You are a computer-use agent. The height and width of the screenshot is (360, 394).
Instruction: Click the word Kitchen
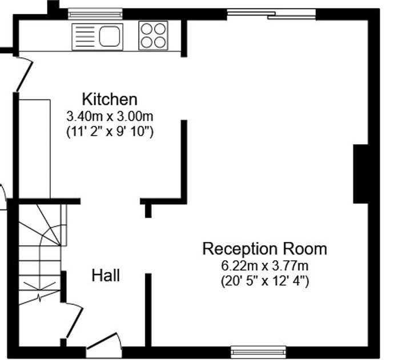110,99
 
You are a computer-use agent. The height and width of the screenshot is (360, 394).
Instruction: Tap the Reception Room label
265,249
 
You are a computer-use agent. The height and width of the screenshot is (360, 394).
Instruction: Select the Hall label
106,276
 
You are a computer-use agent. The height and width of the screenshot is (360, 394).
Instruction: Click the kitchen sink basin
110,37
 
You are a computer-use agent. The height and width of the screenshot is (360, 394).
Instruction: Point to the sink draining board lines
85,37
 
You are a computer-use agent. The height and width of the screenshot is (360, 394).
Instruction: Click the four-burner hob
153,35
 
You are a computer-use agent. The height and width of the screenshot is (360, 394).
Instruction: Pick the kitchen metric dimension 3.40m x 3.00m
110,116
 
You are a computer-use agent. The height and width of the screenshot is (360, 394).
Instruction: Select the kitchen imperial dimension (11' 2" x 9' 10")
110,131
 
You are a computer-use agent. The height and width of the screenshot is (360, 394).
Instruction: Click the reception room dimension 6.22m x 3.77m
265,266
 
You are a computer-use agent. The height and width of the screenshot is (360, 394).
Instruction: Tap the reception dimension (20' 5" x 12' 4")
265,281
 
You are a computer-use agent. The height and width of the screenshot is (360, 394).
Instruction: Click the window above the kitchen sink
95,14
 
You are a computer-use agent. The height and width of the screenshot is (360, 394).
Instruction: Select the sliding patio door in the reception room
271,14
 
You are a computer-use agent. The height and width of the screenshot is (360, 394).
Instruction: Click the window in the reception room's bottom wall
258,352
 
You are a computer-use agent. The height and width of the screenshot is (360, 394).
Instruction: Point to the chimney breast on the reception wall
360,174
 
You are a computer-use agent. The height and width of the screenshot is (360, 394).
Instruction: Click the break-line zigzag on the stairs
39,298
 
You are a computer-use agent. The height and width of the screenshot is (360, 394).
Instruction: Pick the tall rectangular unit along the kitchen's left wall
34,149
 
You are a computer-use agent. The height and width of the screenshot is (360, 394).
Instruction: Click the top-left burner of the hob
146,29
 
